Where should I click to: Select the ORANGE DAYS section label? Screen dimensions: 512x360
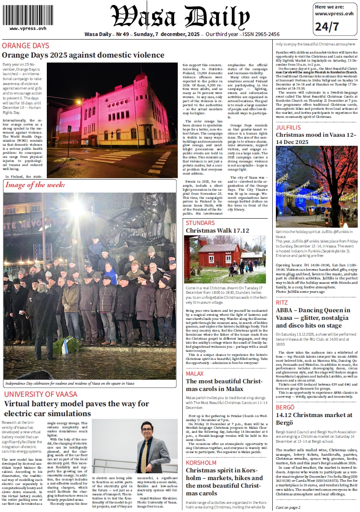pos(26,46)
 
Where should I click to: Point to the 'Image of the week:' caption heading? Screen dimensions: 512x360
pos(36,185)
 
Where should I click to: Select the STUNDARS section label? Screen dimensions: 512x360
pos(200,223)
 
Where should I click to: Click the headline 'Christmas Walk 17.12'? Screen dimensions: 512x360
pos(217,230)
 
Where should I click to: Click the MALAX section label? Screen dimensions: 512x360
pos(195,373)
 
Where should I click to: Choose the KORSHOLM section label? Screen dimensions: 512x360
pos(201,463)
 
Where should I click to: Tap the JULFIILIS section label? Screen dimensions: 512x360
pos(288,127)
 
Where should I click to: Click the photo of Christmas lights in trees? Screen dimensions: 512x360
pos(317,186)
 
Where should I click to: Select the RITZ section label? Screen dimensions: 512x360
pos(282,302)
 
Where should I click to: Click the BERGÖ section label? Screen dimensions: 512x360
pos(285,407)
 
